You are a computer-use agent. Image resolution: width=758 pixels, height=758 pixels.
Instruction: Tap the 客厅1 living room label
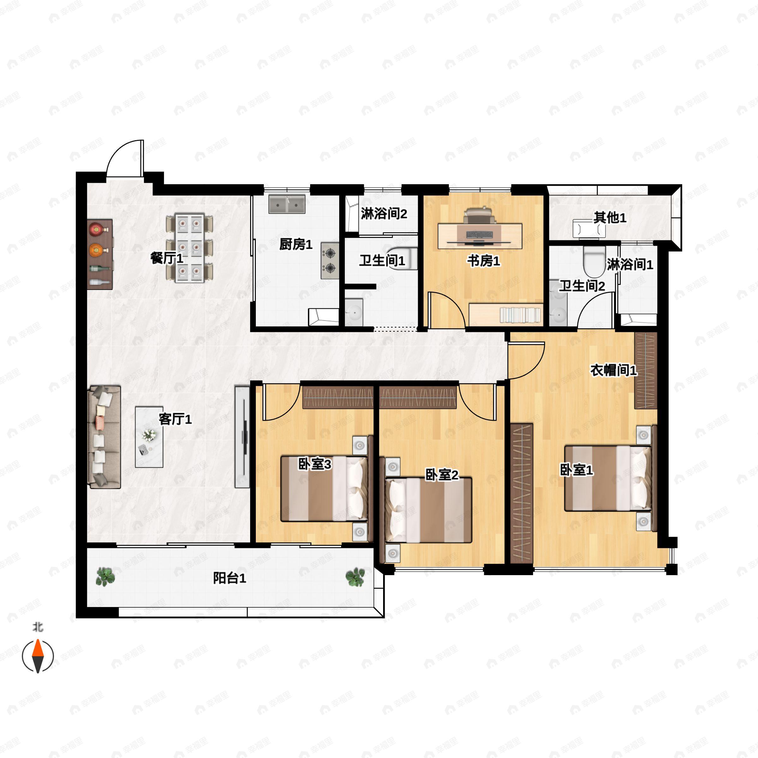click(175, 419)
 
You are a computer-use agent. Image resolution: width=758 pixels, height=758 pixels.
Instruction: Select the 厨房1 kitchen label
click(296, 244)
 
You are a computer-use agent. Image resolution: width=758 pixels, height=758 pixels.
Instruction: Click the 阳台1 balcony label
click(230, 578)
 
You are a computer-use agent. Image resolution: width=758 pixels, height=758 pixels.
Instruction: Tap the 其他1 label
click(610, 217)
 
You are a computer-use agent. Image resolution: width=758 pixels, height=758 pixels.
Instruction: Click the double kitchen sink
click(287, 204)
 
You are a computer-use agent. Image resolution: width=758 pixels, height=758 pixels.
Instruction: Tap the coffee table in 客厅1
click(149, 437)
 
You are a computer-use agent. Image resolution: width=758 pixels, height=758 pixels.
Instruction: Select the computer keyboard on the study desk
click(479, 235)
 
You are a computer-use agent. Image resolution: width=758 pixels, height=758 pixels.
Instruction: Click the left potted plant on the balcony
click(105, 576)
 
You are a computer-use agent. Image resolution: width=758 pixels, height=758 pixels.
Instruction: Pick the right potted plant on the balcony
click(355, 577)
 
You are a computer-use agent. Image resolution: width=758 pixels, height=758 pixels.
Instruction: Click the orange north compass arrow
click(38, 648)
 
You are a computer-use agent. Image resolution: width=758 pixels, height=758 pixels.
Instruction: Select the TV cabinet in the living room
click(242, 437)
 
